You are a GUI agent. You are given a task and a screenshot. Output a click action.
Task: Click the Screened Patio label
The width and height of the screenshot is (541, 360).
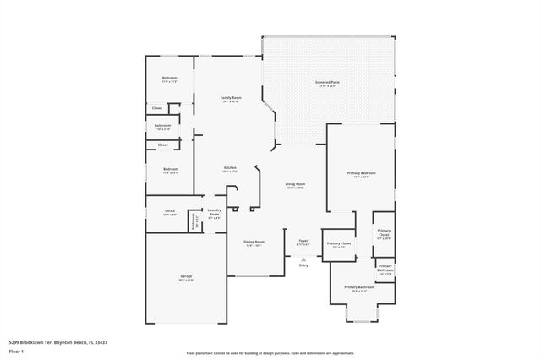coord(326,83)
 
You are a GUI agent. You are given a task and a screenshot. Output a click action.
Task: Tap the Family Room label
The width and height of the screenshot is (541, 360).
coord(231,97)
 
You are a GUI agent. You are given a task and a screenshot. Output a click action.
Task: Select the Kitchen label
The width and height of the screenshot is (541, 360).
coord(229,168)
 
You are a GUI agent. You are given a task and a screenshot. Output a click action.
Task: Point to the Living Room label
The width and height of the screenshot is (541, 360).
coord(294,184)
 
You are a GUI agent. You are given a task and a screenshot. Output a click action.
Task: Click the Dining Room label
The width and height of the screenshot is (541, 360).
coord(254,242)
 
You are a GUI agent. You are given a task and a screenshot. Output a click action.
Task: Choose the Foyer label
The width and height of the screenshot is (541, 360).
coord(303,242)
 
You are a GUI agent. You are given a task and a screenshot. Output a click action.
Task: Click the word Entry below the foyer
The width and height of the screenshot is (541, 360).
coord(303,265)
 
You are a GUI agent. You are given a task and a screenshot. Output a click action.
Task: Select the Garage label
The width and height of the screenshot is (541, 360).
coord(185,277)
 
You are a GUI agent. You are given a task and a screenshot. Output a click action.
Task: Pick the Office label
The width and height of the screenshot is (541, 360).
coord(169,212)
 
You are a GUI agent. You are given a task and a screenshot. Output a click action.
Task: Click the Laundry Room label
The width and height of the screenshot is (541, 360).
coord(214,213)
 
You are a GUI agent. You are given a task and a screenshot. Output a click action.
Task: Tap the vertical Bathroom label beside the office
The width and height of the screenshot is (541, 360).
coord(194,222)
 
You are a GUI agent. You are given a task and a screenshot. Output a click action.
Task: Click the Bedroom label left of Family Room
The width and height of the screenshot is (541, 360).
coord(169,79)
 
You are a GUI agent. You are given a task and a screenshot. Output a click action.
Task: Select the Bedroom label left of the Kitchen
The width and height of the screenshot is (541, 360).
coord(170,170)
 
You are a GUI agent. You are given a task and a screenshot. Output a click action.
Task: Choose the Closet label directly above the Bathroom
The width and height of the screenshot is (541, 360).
coord(157,108)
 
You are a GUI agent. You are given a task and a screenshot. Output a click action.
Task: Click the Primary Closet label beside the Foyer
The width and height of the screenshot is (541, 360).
coord(339,243)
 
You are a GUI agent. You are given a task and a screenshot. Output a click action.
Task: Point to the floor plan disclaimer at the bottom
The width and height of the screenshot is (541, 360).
coord(270,353)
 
